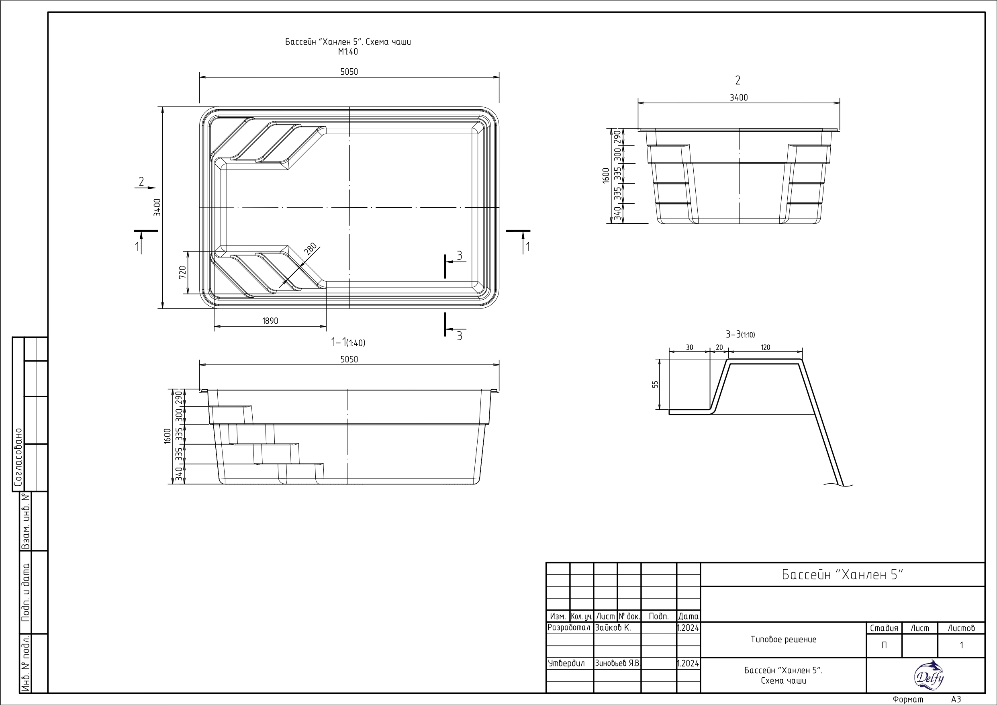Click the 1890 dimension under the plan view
tap(270, 321)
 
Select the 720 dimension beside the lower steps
tap(182, 272)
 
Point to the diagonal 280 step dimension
tap(310, 249)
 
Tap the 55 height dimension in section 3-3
tap(655, 384)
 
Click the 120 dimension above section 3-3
tap(766, 347)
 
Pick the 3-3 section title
tap(740, 335)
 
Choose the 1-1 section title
tap(348, 343)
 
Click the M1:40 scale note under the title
tap(348, 52)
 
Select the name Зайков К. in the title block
tap(613, 628)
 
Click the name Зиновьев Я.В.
tap(617, 663)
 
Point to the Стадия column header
tap(884, 628)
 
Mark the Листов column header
tap(961, 628)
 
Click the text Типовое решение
tap(783, 640)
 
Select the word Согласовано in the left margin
tap(18, 458)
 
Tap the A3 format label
tap(956, 699)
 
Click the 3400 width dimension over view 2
tap(739, 98)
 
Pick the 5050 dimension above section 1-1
tap(349, 359)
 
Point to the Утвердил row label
tap(566, 663)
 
